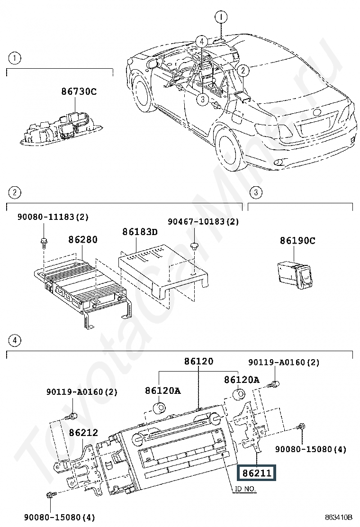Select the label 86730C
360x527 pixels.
(x=79, y=91)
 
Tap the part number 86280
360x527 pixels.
(x=82, y=239)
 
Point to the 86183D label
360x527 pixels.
(x=140, y=232)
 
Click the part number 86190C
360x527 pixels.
(x=297, y=240)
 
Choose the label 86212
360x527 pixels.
(x=83, y=432)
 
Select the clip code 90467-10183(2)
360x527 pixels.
(x=203, y=221)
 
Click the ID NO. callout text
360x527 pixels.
(x=245, y=489)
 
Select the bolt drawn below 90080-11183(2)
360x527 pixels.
(x=43, y=241)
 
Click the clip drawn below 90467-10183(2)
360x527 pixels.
(x=194, y=245)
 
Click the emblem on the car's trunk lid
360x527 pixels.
(x=316, y=113)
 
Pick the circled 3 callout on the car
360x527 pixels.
(x=202, y=99)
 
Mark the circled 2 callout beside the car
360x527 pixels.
(x=243, y=71)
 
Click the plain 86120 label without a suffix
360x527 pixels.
(x=198, y=362)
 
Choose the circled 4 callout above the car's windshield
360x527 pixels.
(x=201, y=41)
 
